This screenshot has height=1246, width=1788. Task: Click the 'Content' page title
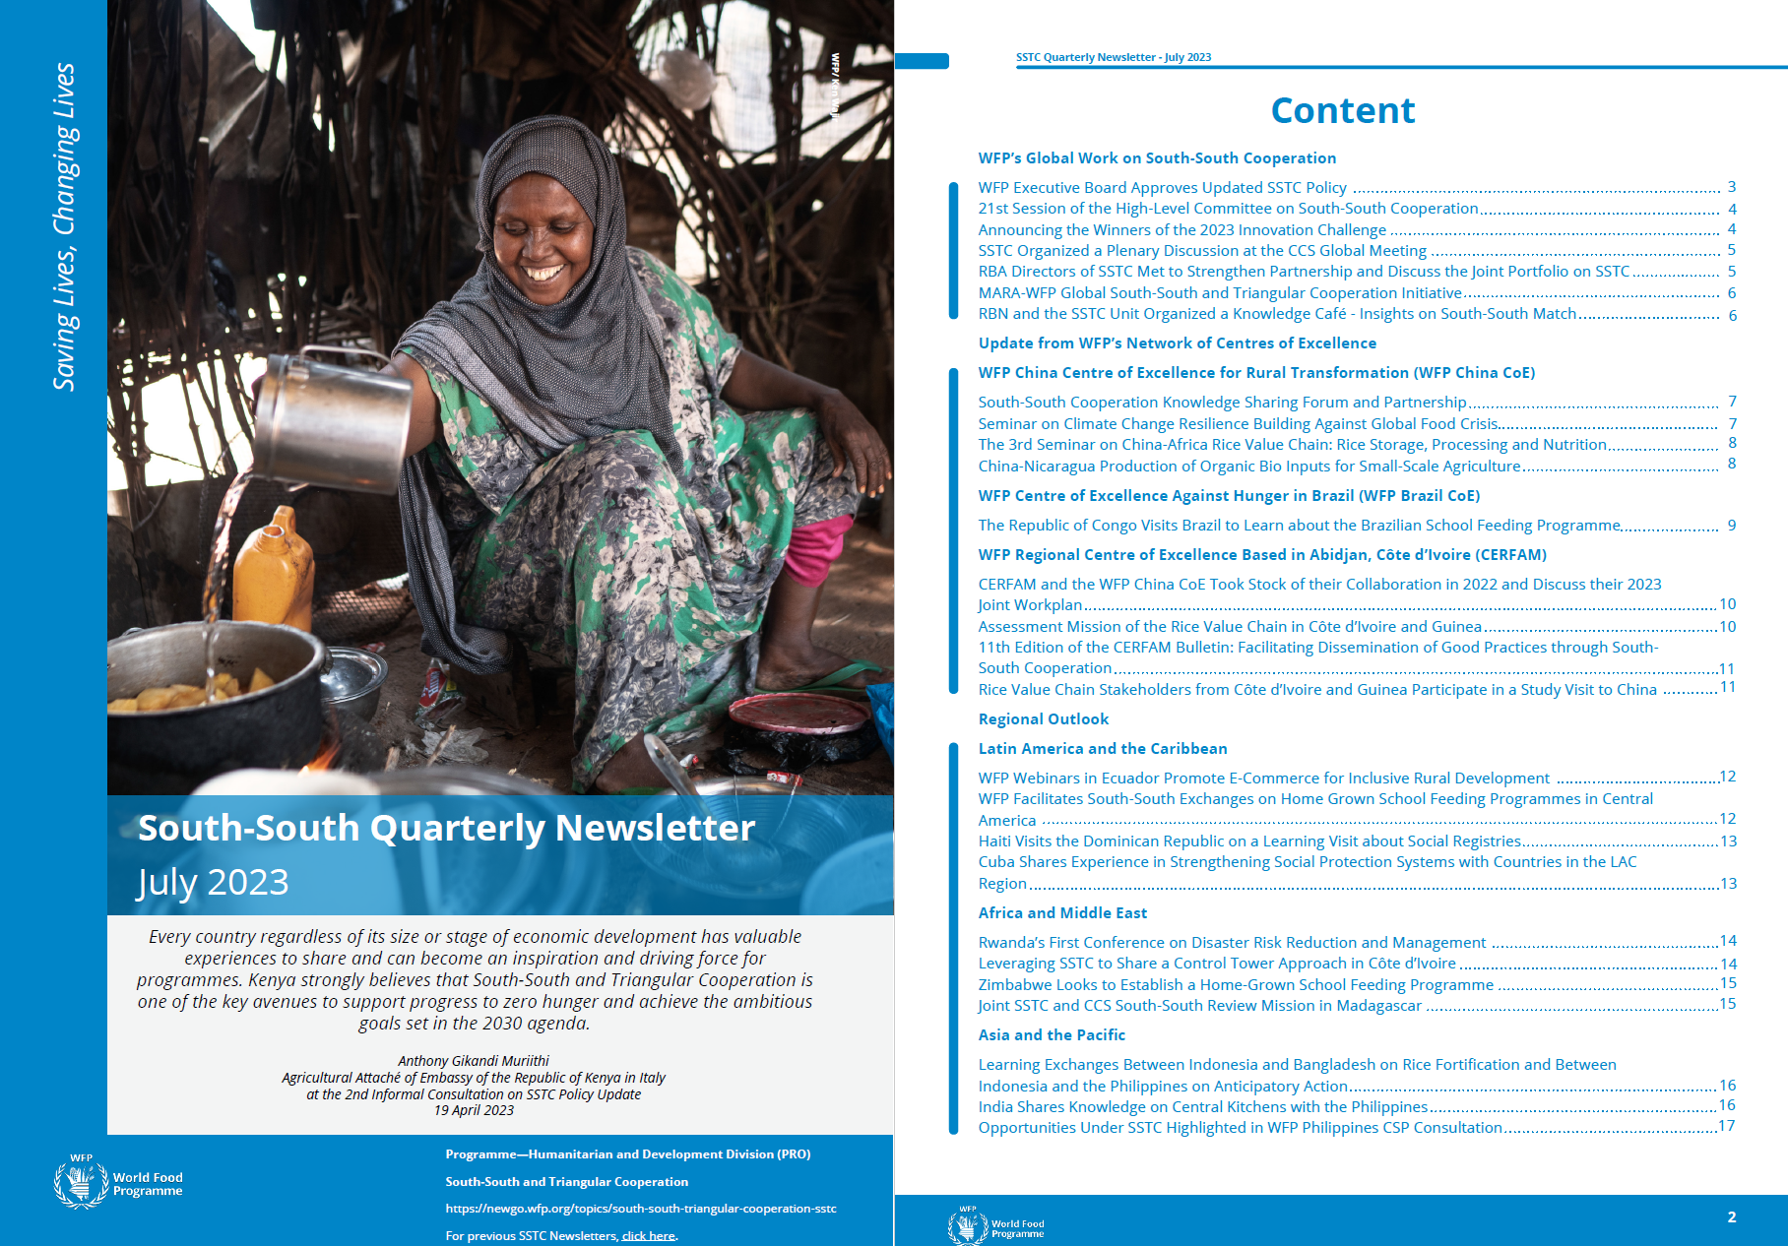click(x=1342, y=110)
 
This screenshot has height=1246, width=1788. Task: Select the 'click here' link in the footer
click(x=648, y=1236)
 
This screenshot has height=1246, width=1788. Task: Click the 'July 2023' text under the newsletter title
click(x=213, y=882)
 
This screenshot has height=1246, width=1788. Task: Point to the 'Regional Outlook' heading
click(x=1043, y=719)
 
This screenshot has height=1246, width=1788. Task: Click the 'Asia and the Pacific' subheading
click(x=1051, y=1035)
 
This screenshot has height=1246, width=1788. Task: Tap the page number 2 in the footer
click(x=1731, y=1217)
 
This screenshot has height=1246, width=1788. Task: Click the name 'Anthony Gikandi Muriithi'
click(x=474, y=1061)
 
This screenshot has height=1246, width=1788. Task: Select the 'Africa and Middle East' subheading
click(x=1062, y=913)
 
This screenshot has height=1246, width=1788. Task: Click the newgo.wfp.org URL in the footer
click(x=640, y=1209)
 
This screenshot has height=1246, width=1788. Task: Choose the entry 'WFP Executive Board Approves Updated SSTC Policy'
click(x=1162, y=188)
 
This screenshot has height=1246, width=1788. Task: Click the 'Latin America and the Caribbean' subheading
click(x=1102, y=749)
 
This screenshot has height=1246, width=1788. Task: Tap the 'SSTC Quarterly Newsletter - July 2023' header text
click(x=1113, y=57)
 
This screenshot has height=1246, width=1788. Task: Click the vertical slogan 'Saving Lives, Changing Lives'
click(x=64, y=226)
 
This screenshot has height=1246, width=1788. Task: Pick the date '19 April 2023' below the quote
click(x=474, y=1111)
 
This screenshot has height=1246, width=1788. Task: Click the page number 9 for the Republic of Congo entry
click(x=1731, y=526)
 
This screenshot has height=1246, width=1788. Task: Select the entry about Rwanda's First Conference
click(x=1231, y=943)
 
